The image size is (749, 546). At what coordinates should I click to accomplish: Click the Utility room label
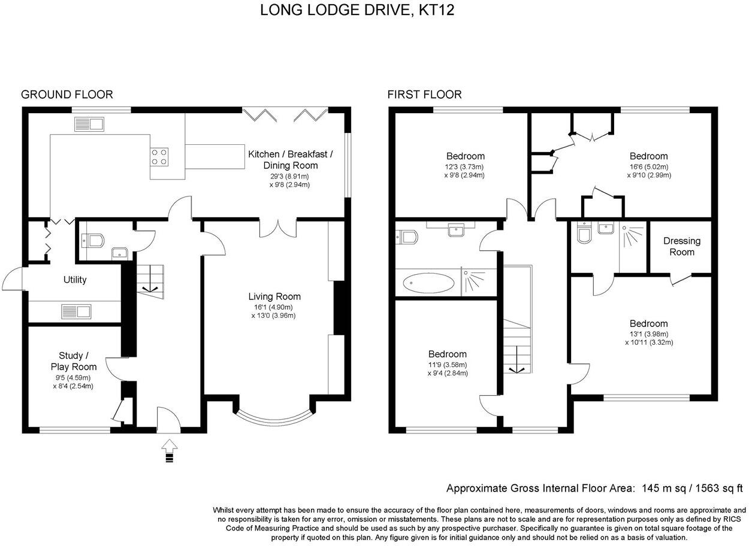[x=75, y=280]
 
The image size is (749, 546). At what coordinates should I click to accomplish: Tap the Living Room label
[x=274, y=296]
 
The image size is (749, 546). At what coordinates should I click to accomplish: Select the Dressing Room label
[x=682, y=246]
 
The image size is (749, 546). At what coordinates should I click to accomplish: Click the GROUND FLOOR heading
[x=67, y=95]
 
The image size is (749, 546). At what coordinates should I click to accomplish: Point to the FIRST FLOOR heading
[x=424, y=95]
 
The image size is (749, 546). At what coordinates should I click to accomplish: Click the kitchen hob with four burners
[x=159, y=157]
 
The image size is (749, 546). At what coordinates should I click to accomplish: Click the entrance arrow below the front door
[x=170, y=450]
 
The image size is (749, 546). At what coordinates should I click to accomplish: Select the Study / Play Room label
[x=74, y=361]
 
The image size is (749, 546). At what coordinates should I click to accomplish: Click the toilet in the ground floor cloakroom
[x=92, y=240]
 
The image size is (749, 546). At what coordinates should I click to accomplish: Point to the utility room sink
[x=76, y=311]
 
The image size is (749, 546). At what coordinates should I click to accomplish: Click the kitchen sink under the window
[x=89, y=124]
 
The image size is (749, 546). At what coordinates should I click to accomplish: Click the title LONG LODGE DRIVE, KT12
[x=357, y=10]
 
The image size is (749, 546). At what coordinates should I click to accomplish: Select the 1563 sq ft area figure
[x=719, y=488]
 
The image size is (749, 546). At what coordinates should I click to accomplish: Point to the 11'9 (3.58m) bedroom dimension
[x=448, y=365]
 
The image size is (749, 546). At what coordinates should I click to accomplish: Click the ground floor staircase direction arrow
[x=150, y=289]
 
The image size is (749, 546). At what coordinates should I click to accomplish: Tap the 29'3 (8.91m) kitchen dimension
[x=289, y=176]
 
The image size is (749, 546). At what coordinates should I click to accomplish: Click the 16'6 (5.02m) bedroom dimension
[x=649, y=167]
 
